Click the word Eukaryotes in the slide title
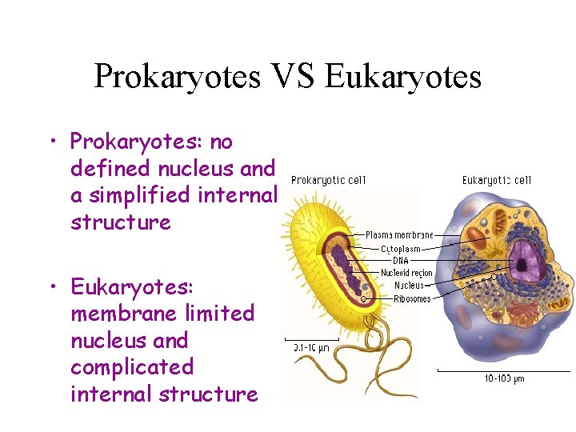(404, 77)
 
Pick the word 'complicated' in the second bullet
(132, 366)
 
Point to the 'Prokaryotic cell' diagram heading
(328, 180)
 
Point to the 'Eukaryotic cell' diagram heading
(496, 180)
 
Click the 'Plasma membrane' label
(400, 235)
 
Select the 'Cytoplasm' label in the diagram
(400, 249)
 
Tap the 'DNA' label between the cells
(401, 261)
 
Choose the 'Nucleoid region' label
(406, 273)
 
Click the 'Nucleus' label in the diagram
(408, 286)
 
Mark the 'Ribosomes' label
(412, 298)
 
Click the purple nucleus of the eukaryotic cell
(524, 259)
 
